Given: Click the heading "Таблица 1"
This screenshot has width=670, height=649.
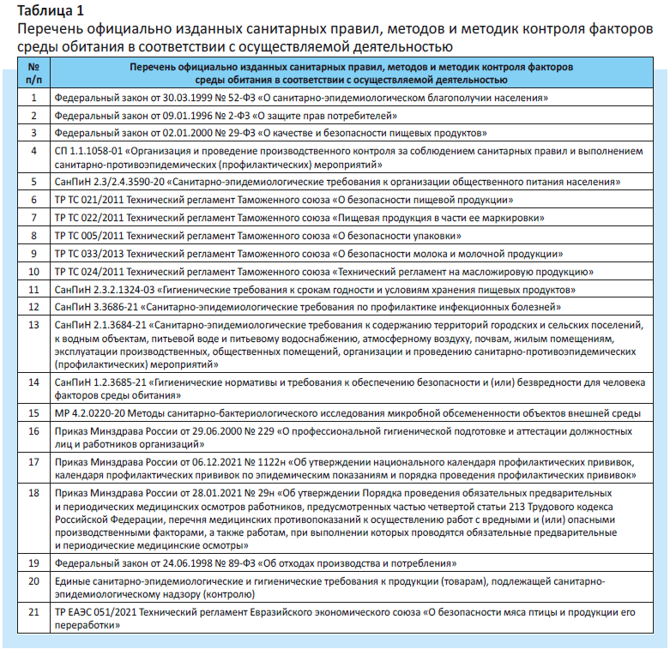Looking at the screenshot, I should click(51, 11).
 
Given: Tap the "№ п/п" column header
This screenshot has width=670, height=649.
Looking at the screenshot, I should click(34, 73).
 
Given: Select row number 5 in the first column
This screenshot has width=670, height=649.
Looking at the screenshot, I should click(34, 182).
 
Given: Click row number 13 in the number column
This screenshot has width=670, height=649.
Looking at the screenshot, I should click(34, 326).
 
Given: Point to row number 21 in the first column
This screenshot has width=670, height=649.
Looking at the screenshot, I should click(34, 614).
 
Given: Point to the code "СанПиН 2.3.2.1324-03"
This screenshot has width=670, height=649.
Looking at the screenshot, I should click(107, 290).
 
